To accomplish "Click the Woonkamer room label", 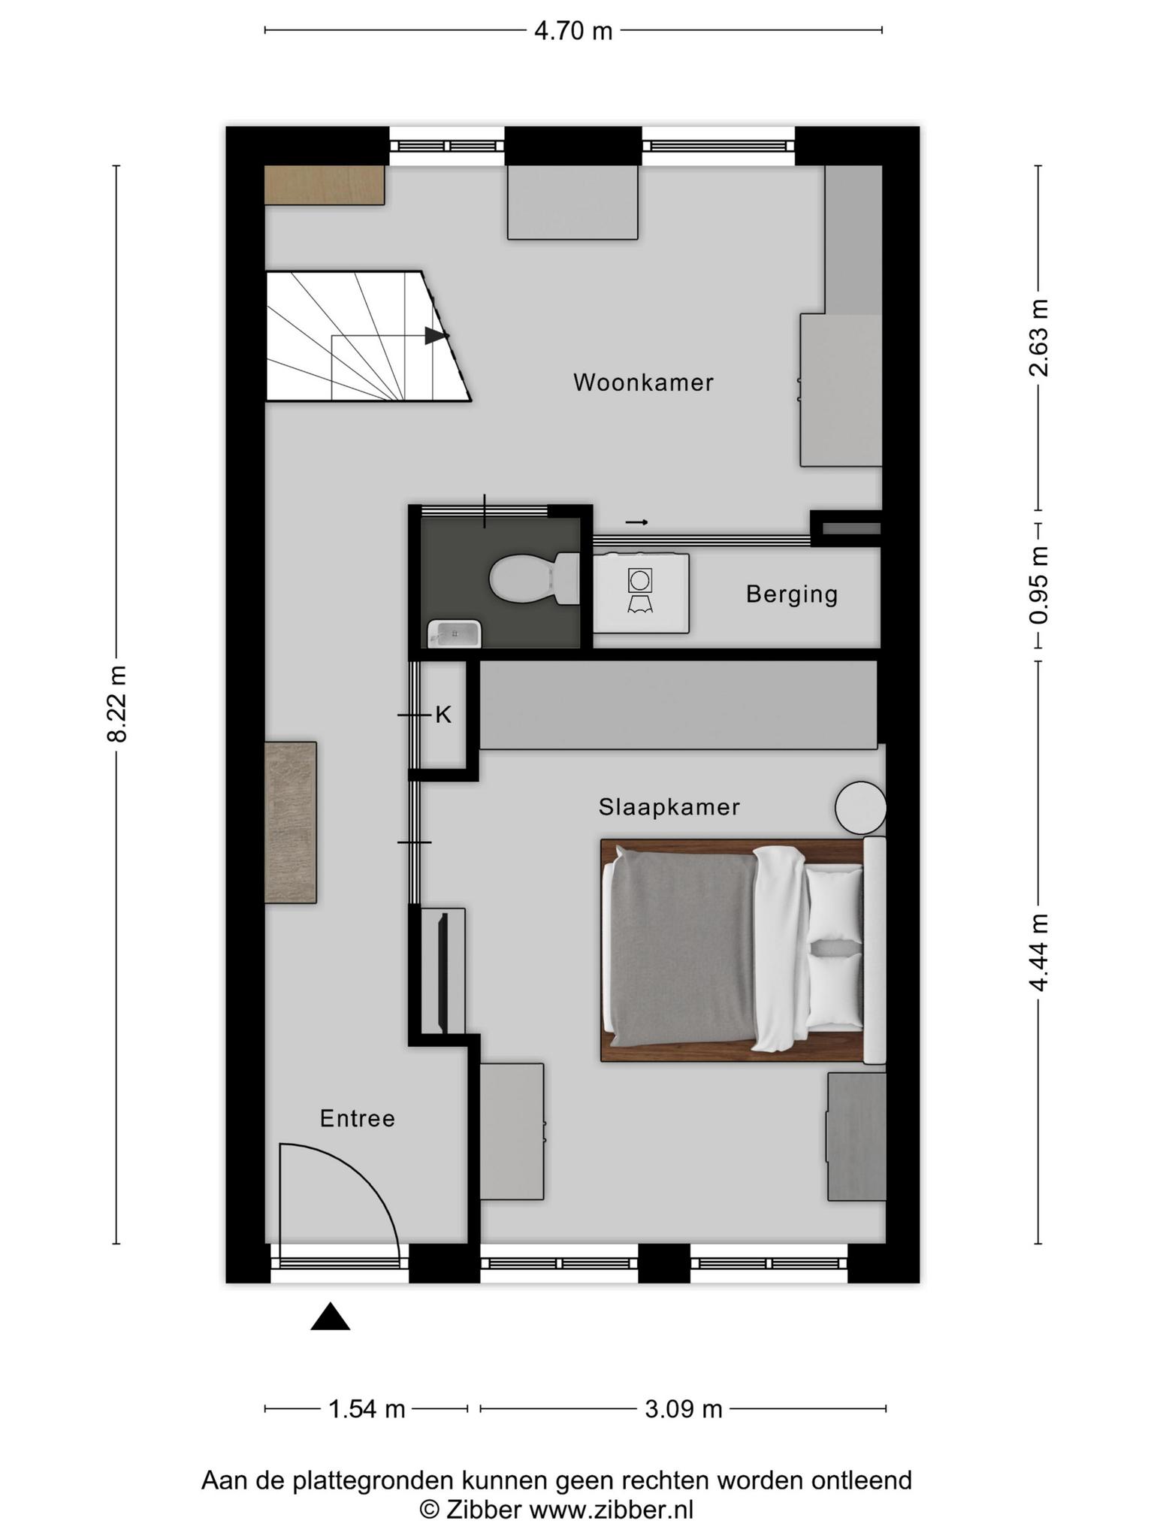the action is [x=643, y=382].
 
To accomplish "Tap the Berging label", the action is [x=792, y=594].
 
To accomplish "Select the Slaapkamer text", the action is [x=669, y=807].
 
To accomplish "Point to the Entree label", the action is [x=358, y=1119].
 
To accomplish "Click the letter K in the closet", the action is [x=443, y=715].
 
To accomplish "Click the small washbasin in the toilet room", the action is [x=455, y=633].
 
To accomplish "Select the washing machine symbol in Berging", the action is [x=640, y=591].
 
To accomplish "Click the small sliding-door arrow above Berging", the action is [x=636, y=522].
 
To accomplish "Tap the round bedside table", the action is [x=861, y=808].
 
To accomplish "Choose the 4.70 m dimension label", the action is [x=573, y=31].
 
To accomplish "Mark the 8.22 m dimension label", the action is [x=117, y=703].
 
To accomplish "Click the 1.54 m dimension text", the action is [x=367, y=1409].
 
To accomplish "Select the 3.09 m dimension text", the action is [x=684, y=1409].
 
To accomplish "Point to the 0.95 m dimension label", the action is [x=1039, y=585].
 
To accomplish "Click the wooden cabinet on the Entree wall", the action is [x=291, y=822].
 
